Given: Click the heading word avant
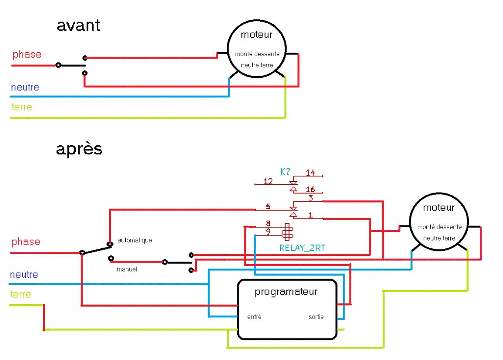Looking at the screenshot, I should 78,26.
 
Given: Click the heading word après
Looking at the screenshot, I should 79,149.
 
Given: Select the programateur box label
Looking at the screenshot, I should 286,292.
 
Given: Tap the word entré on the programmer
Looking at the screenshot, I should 254,316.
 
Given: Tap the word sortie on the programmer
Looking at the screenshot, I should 316,316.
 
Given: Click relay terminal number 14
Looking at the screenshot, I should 310,173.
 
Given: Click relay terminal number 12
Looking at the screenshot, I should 268,181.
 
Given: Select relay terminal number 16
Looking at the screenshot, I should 310,190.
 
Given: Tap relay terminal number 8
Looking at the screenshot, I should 268,223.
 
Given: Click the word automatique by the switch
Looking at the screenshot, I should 134,240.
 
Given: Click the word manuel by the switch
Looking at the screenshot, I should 127,270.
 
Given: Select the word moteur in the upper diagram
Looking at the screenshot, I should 256,35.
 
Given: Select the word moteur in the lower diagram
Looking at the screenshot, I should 439,208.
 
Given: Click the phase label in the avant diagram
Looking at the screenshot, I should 27,54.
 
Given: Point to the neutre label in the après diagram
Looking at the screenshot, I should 24,274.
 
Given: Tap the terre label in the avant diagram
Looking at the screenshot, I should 22,107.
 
